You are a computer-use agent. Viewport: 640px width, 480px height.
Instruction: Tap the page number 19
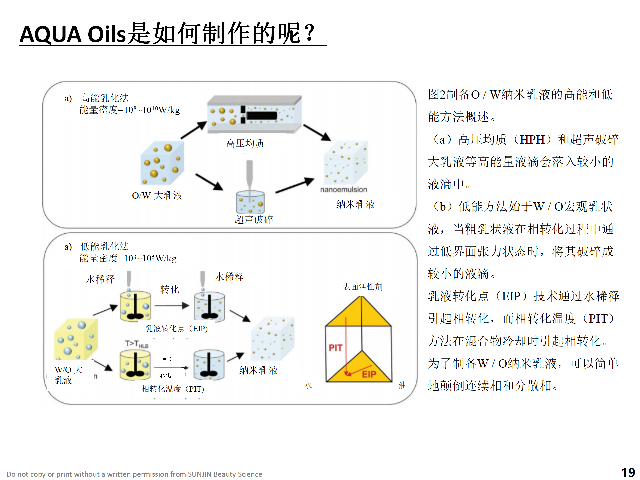pyautogui.click(x=628, y=473)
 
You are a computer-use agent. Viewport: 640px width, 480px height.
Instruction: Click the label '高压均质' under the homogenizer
pyautogui.click(x=245, y=143)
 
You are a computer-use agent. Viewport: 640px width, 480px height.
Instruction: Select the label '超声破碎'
pyautogui.click(x=254, y=219)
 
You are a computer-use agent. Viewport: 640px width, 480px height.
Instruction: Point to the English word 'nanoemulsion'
pyautogui.click(x=343, y=190)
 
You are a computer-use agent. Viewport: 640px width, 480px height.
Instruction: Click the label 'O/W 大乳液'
pyautogui.click(x=157, y=195)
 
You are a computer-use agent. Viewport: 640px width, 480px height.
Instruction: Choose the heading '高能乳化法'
pyautogui.click(x=105, y=98)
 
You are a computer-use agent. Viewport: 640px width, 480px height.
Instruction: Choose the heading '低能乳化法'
pyautogui.click(x=105, y=246)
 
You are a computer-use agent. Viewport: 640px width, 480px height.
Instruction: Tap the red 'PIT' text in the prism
pyautogui.click(x=335, y=348)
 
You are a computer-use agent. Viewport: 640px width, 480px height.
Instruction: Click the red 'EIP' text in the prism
pyautogui.click(x=369, y=375)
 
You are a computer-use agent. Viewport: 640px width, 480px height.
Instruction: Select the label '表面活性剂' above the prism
pyautogui.click(x=363, y=287)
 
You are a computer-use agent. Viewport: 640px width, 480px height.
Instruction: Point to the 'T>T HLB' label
pyautogui.click(x=136, y=344)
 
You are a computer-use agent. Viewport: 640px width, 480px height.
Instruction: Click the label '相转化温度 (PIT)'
pyautogui.click(x=173, y=389)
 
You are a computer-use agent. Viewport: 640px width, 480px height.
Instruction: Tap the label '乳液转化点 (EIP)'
pyautogui.click(x=176, y=329)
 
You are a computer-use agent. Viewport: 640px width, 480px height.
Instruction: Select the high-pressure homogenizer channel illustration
pyautogui.click(x=254, y=115)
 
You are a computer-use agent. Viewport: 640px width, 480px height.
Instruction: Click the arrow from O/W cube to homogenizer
pyautogui.click(x=193, y=130)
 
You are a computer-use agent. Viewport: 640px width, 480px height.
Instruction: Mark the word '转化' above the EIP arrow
pyautogui.click(x=170, y=289)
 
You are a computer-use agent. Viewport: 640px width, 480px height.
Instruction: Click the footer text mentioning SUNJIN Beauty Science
pyautogui.click(x=134, y=474)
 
